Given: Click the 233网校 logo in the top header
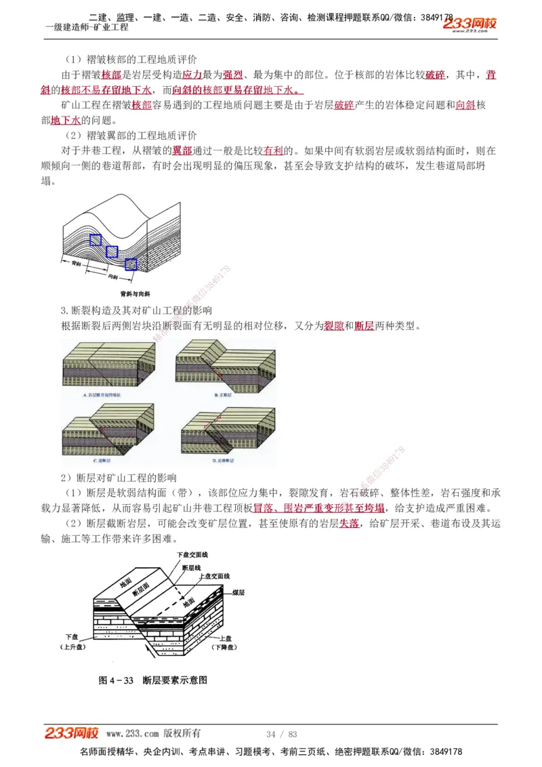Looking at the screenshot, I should click(470, 24).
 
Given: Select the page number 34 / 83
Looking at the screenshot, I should click(282, 734).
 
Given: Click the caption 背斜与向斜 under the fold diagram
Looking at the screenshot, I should click(135, 294).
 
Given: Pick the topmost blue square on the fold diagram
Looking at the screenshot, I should click(96, 239).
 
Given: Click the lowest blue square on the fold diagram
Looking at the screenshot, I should click(131, 264).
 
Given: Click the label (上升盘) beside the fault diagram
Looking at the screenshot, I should click(73, 647).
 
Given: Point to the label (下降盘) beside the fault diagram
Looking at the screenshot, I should click(224, 648).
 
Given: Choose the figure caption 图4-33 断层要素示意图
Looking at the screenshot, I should click(152, 680).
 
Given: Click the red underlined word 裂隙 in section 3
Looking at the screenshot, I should click(333, 326).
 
